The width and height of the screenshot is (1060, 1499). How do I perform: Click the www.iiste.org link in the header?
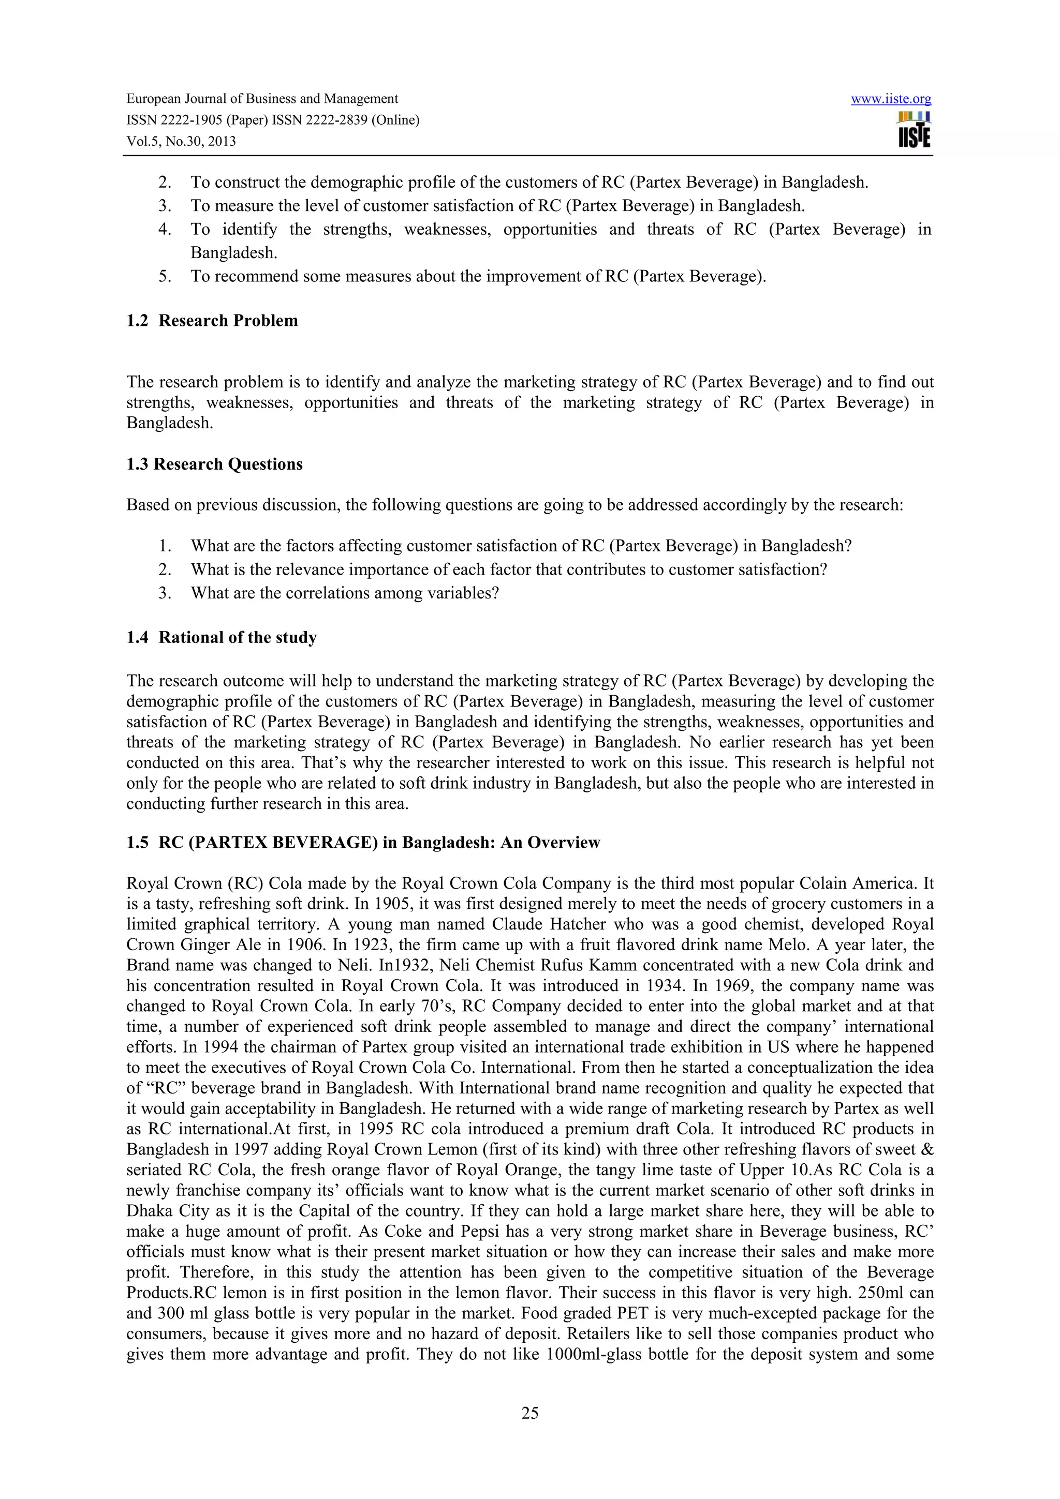[890, 99]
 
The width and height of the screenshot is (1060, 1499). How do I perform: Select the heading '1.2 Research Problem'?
[212, 321]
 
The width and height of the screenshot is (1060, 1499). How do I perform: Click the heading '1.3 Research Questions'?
[214, 464]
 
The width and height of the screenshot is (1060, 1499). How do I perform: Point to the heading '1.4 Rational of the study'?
[222, 637]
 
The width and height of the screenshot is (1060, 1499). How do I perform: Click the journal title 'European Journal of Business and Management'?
[262, 99]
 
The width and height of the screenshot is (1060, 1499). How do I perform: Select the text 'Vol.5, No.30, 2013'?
[181, 141]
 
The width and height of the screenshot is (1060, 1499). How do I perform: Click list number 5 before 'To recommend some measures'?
[165, 276]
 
